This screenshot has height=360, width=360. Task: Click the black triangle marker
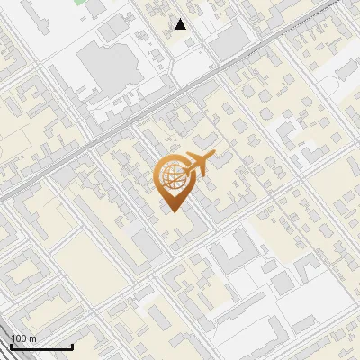click(181, 24)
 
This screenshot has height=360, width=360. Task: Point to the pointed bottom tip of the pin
click(173, 212)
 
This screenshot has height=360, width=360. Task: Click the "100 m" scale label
click(23, 338)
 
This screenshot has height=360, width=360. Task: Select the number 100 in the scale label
click(19, 338)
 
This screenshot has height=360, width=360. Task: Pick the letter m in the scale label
click(32, 338)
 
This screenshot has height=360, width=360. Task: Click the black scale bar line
click(40, 346)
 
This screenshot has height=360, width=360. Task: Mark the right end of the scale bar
click(72, 346)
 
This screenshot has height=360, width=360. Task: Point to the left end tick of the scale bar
click(10, 344)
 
